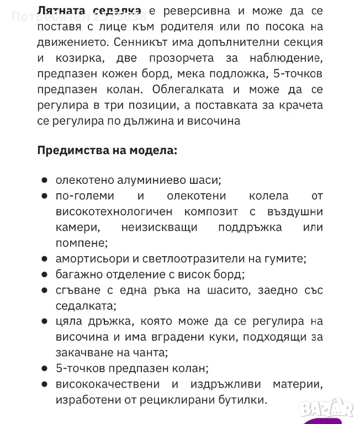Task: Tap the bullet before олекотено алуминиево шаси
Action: [44, 181]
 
